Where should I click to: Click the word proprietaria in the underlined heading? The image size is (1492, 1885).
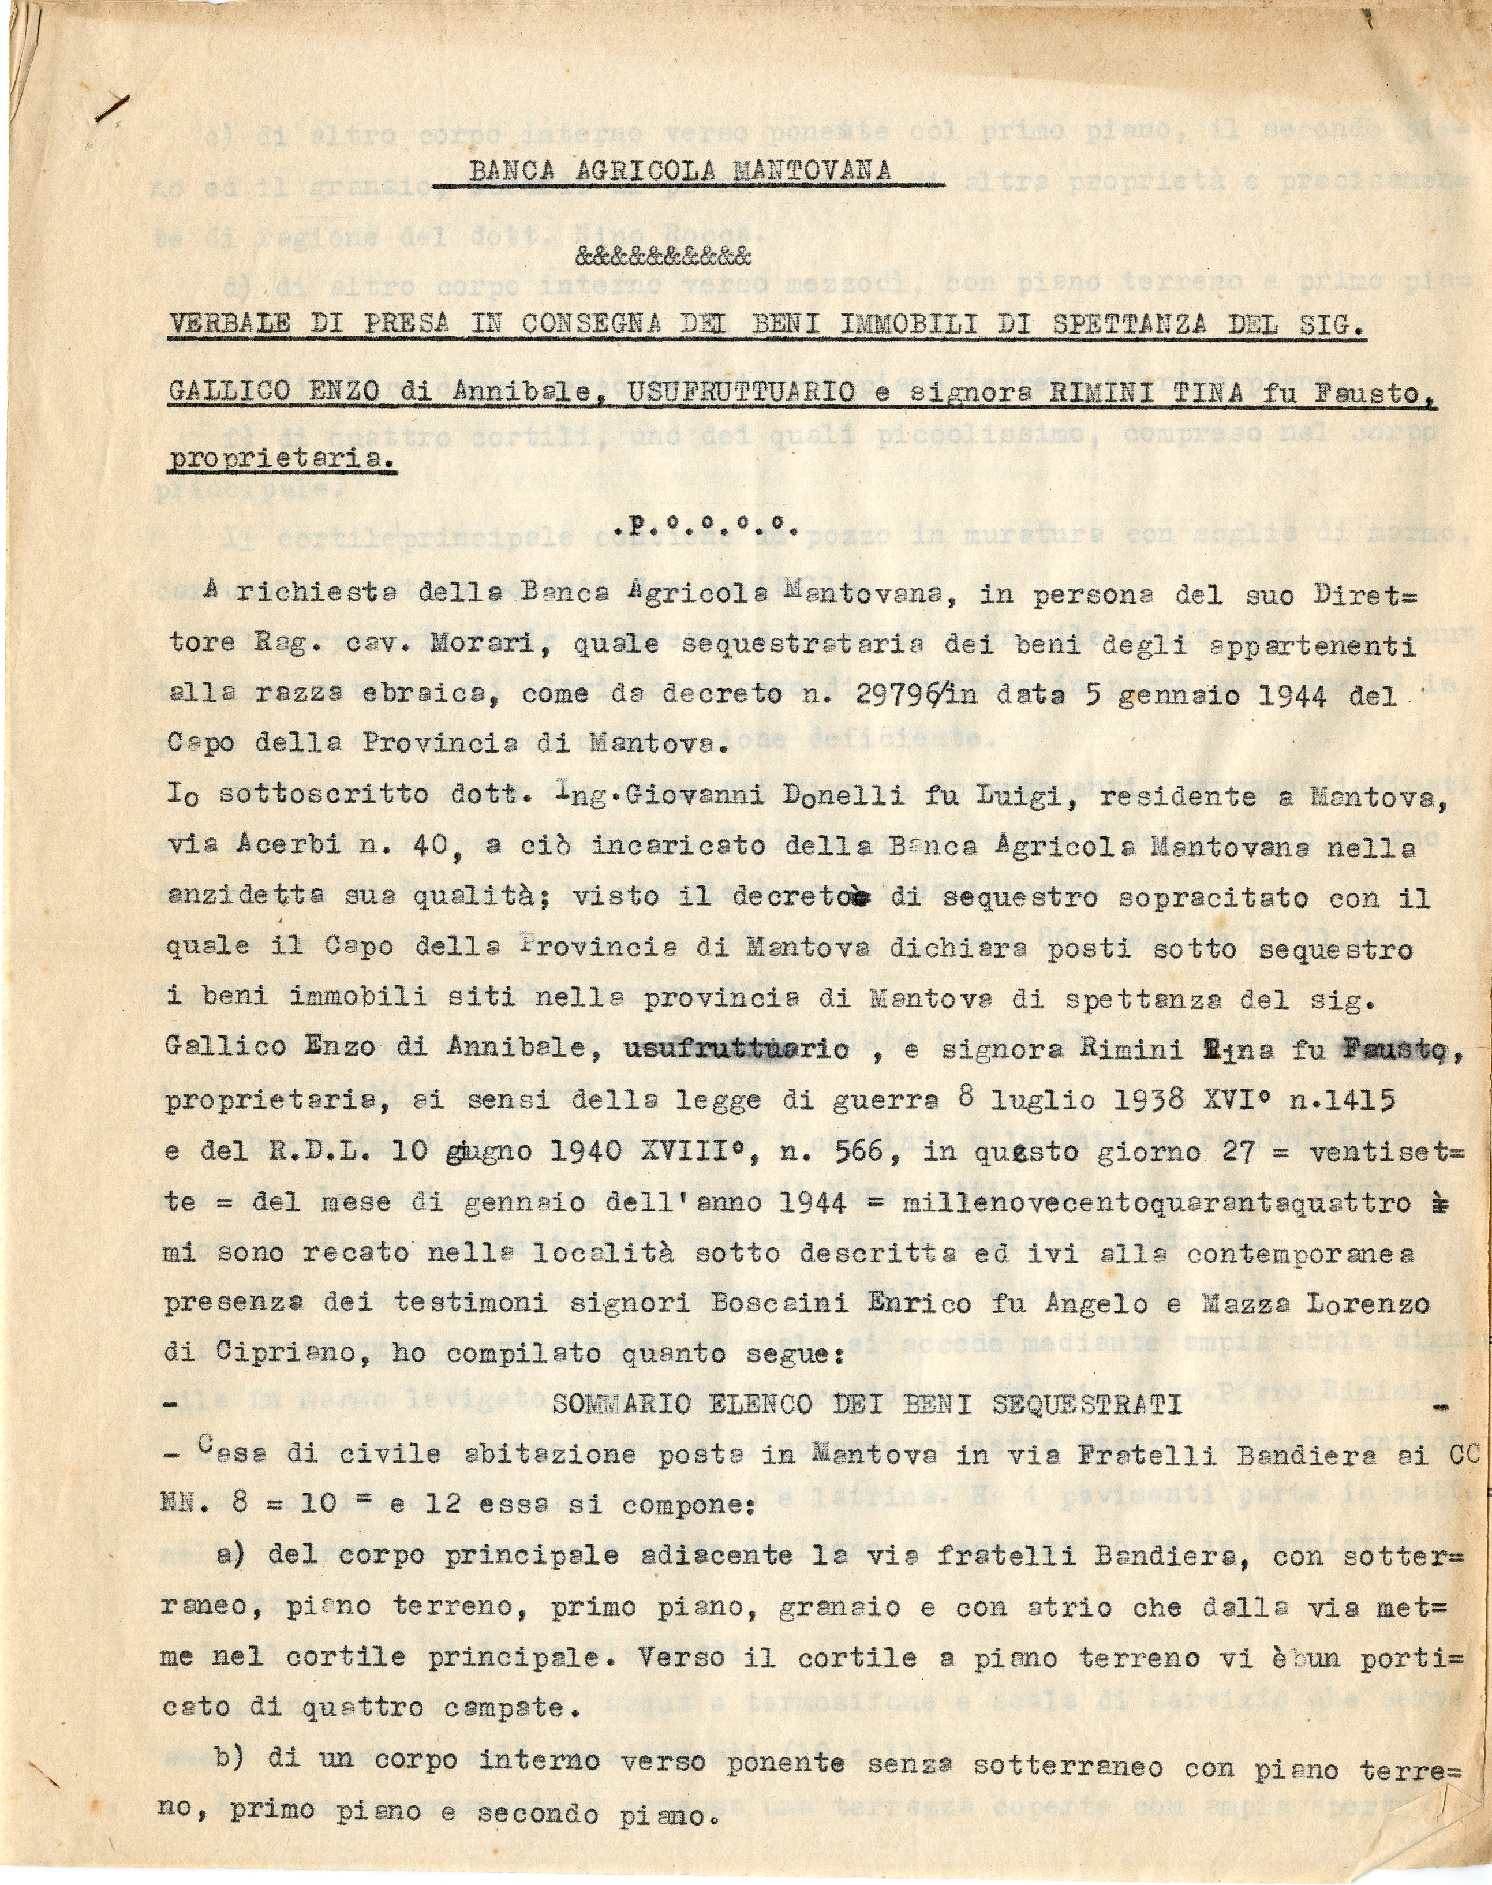pyautogui.click(x=279, y=457)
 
